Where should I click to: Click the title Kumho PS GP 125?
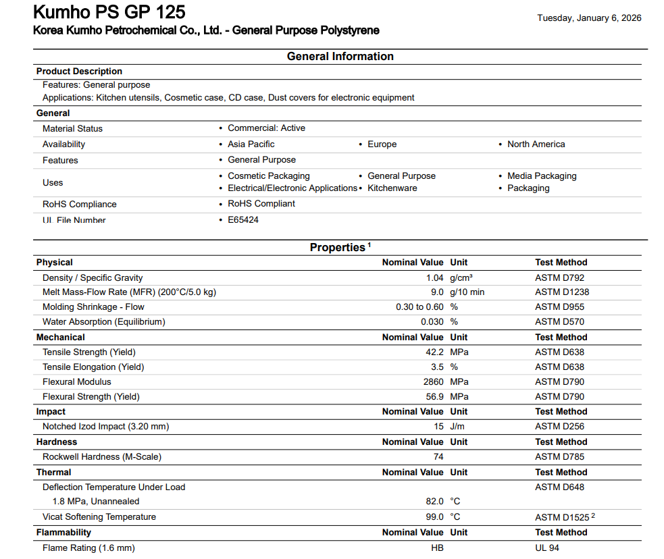click(109, 12)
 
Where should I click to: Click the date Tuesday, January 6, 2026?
click(589, 18)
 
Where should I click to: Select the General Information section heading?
click(340, 57)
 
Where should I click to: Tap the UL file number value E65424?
click(243, 220)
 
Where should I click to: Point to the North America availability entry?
click(536, 144)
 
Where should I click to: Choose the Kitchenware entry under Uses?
click(392, 188)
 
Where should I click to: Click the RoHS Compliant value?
click(261, 204)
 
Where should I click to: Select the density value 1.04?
click(435, 278)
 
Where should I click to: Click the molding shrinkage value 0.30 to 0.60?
click(419, 307)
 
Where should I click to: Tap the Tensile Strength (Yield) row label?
click(88, 352)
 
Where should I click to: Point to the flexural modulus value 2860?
click(433, 382)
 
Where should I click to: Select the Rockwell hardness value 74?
click(438, 457)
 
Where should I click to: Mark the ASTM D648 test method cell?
click(559, 487)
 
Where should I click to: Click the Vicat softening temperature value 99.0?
click(433, 517)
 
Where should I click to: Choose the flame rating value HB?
click(437, 548)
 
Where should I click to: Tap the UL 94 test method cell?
click(547, 548)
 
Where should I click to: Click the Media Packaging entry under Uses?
click(542, 176)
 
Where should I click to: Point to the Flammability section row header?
click(63, 533)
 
